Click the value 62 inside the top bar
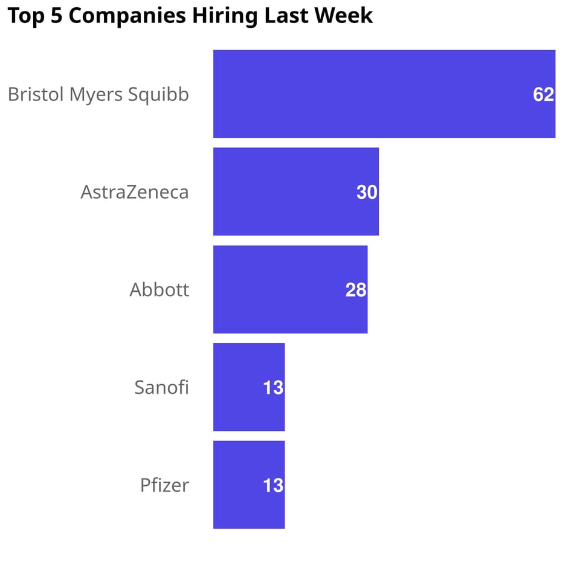coord(543,94)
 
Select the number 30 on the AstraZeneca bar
coord(367,192)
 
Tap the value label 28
coord(356,290)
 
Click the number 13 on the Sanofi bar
coord(273,388)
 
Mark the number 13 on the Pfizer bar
coord(273,486)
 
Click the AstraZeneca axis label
coord(135,192)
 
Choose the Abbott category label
coord(159,290)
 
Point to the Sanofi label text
coord(161,387)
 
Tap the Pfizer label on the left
coord(164,485)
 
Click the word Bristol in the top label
coord(34,94)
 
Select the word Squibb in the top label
coord(161,95)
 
